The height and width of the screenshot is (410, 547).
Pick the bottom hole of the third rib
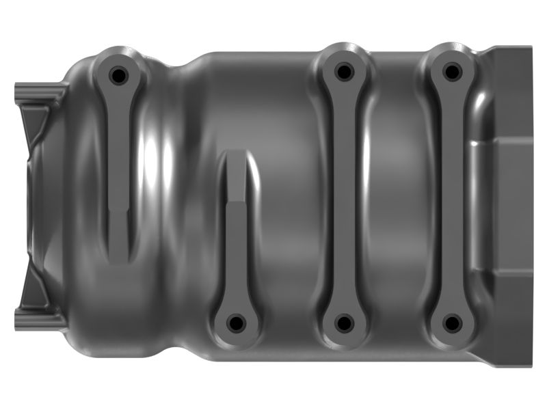(344, 323)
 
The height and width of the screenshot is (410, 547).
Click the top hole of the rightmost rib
(451, 71)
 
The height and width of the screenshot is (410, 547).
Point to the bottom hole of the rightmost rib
(451, 323)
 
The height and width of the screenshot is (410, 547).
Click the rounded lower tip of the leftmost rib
(120, 256)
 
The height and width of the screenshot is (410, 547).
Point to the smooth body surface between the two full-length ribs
(397, 198)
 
